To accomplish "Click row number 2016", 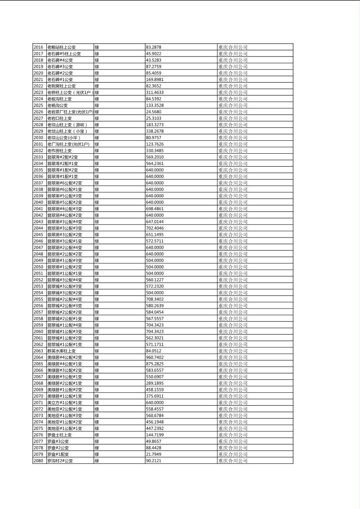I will [x=38, y=47].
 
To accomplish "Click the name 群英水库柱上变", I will [x=61, y=351].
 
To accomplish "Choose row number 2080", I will [x=38, y=461].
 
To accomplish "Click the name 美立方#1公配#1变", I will [x=65, y=403].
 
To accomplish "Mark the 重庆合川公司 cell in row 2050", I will [x=233, y=267].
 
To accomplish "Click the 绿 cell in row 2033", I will [x=97, y=157].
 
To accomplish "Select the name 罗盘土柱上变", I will [x=59, y=435].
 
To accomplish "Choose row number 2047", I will [x=38, y=247].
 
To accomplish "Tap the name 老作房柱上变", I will [x=59, y=150].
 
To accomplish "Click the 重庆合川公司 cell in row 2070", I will [x=233, y=396].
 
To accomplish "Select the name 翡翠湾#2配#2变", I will [x=63, y=157].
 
